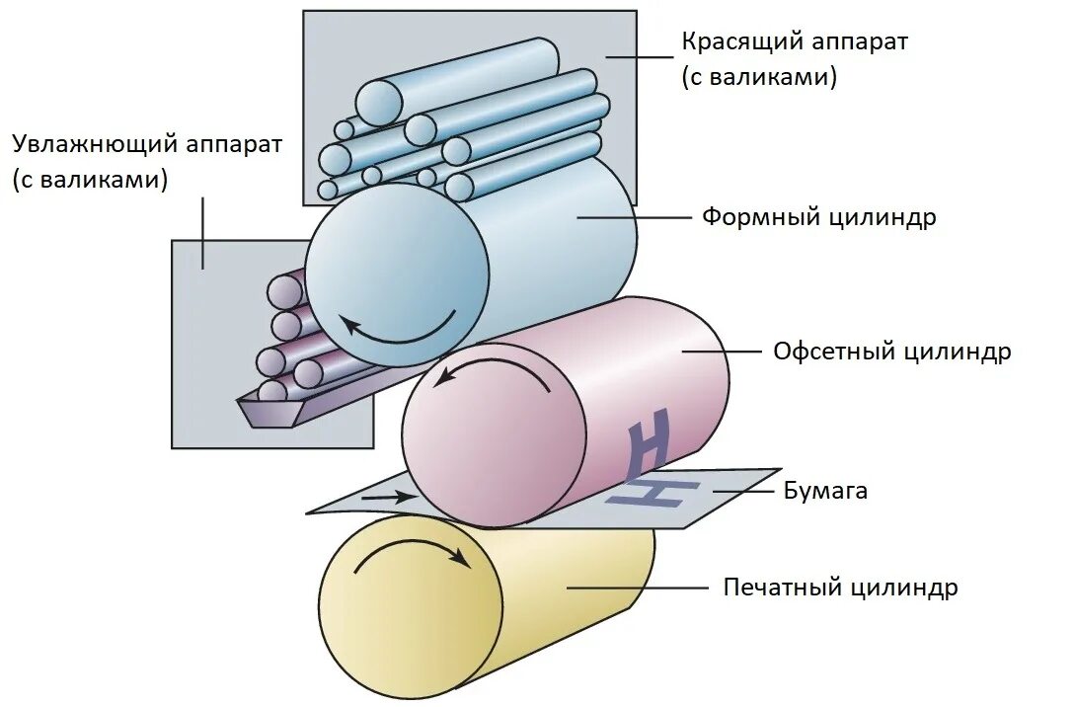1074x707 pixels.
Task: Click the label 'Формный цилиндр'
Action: (x=818, y=217)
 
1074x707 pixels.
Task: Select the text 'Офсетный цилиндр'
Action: (x=891, y=351)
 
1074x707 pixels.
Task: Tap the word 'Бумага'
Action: (x=825, y=490)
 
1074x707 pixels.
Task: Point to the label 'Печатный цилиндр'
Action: (x=840, y=588)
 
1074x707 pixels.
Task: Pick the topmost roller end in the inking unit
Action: (x=378, y=101)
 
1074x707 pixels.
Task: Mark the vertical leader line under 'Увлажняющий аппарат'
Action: (x=203, y=232)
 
